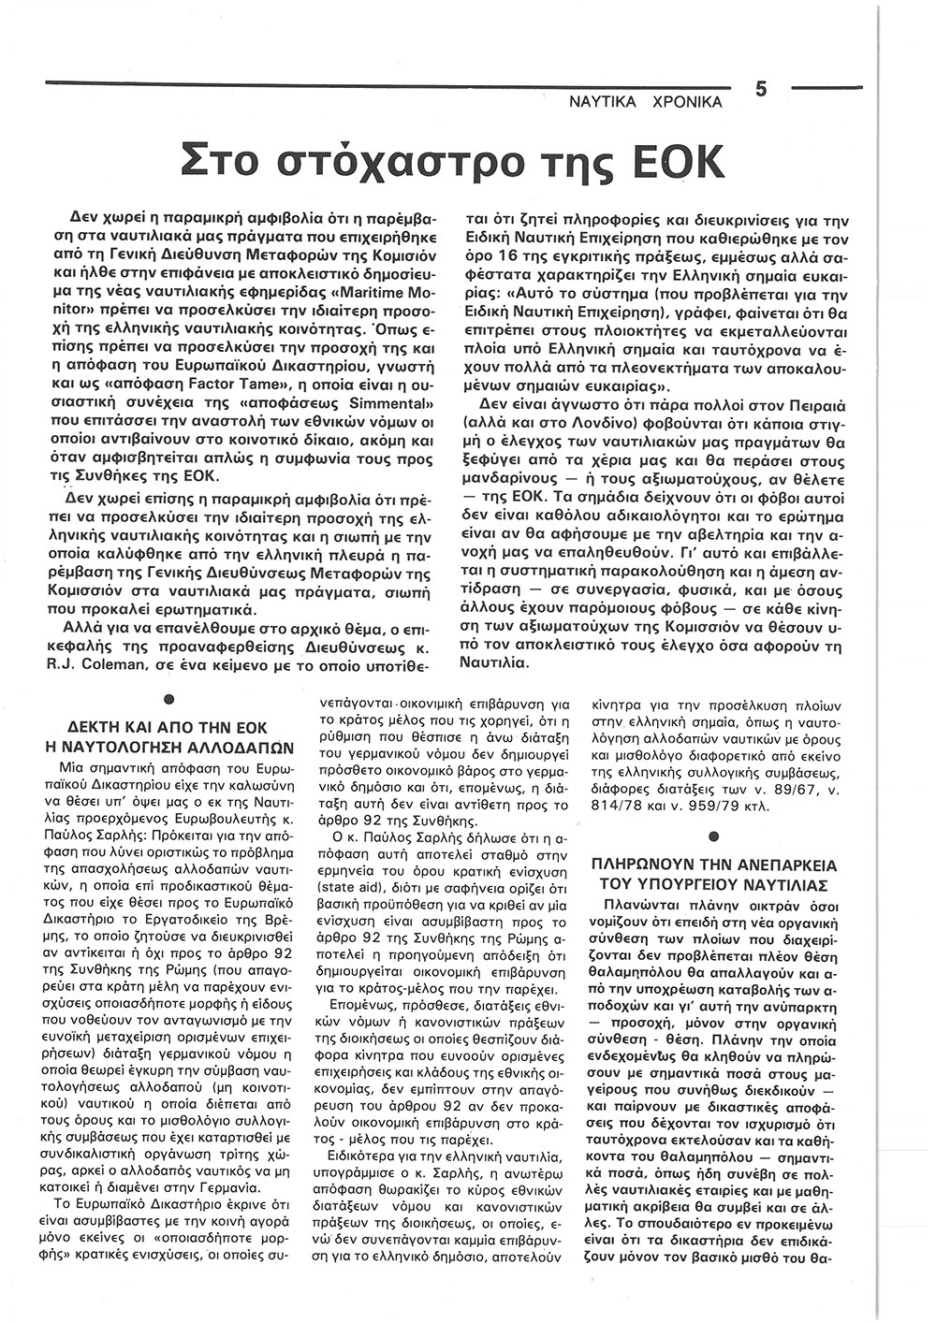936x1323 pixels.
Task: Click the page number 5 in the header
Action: pyautogui.click(x=761, y=90)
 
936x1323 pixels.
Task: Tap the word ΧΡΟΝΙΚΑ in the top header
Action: pyautogui.click(x=686, y=102)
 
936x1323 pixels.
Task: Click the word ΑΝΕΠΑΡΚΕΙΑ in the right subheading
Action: pyautogui.click(x=782, y=866)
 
